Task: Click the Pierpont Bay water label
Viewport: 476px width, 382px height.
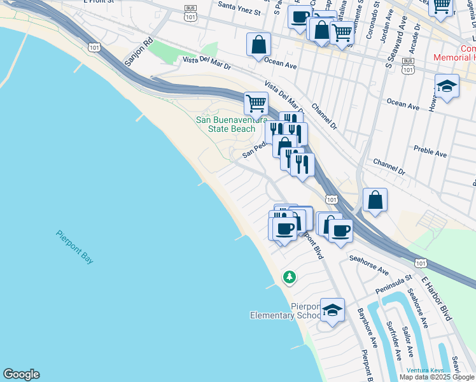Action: click(x=74, y=247)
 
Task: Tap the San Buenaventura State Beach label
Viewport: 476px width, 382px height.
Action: click(x=225, y=124)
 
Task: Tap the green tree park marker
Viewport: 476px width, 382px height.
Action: click(x=290, y=276)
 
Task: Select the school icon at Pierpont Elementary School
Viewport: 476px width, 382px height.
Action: click(x=332, y=310)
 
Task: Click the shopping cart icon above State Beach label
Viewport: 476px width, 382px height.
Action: click(x=256, y=102)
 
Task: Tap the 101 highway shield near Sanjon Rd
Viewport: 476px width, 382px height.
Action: click(x=94, y=47)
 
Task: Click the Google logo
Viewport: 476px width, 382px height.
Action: click(x=21, y=374)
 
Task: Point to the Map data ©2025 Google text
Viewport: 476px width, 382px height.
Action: click(x=437, y=376)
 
